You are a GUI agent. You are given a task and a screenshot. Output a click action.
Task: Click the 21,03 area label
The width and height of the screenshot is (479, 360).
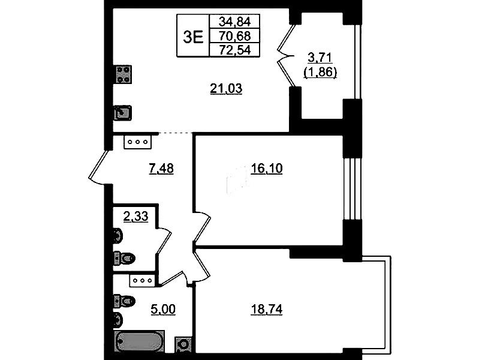226,88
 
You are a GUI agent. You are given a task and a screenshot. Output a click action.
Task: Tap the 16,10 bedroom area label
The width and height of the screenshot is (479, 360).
266,168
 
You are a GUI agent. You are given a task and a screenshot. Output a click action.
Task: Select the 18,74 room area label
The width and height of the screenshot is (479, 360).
266,310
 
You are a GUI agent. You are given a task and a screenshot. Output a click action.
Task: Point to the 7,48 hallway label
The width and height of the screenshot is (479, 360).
161,168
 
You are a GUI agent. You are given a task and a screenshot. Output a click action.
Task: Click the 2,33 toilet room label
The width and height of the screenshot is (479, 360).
136,217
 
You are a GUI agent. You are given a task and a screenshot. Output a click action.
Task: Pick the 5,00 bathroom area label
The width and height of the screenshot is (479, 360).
163,310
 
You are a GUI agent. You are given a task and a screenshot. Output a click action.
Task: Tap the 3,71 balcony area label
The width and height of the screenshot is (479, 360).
320,58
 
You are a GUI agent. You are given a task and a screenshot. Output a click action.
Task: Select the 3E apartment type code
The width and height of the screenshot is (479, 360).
193,38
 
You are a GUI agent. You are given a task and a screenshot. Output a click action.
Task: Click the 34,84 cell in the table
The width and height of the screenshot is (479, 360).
234,22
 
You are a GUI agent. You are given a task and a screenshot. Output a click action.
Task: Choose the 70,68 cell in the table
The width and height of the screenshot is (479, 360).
234,36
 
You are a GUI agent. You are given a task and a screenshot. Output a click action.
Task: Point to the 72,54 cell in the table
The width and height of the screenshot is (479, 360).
234,50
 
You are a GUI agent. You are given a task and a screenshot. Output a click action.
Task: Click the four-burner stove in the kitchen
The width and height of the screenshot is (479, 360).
123,74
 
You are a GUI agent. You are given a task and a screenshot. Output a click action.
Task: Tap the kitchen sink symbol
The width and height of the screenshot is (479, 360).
123,113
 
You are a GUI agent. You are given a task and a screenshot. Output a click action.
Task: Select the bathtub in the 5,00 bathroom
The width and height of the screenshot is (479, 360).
139,341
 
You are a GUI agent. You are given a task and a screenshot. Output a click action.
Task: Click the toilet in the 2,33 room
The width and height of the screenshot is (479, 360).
124,259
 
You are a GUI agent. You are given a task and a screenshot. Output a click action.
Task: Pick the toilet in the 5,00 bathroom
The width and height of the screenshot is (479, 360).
124,301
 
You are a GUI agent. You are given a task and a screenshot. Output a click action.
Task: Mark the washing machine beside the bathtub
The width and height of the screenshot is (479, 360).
183,344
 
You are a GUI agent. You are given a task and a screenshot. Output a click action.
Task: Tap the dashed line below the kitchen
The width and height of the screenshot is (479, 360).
176,133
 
